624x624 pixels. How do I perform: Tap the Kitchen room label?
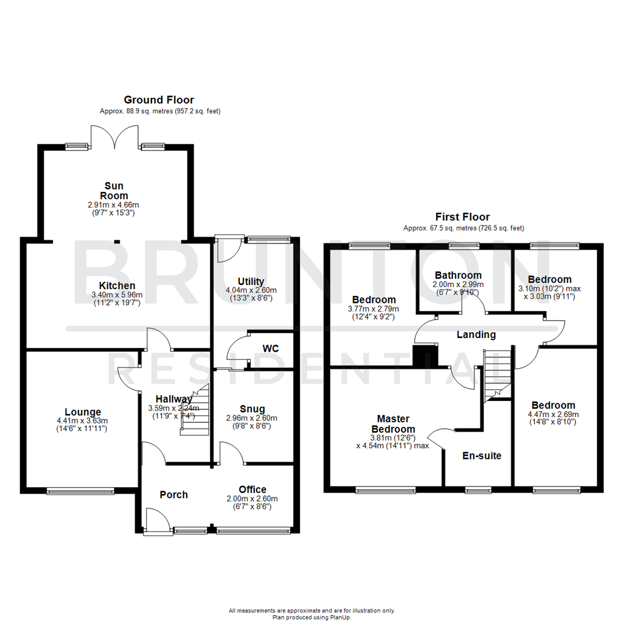[x=117, y=285]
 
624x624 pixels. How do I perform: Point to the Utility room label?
[x=254, y=281]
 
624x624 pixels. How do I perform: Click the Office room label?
[x=252, y=489]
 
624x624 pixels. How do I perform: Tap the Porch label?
[x=174, y=495]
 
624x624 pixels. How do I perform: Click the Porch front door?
[x=157, y=520]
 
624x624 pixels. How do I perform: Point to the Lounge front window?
[x=80, y=492]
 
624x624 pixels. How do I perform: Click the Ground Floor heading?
[x=159, y=100]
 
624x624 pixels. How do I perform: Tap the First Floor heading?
[x=462, y=217]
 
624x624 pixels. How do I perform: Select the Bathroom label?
[x=458, y=274]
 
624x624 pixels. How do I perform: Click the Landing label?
[x=476, y=335]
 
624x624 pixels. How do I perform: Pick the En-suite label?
[x=482, y=455]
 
